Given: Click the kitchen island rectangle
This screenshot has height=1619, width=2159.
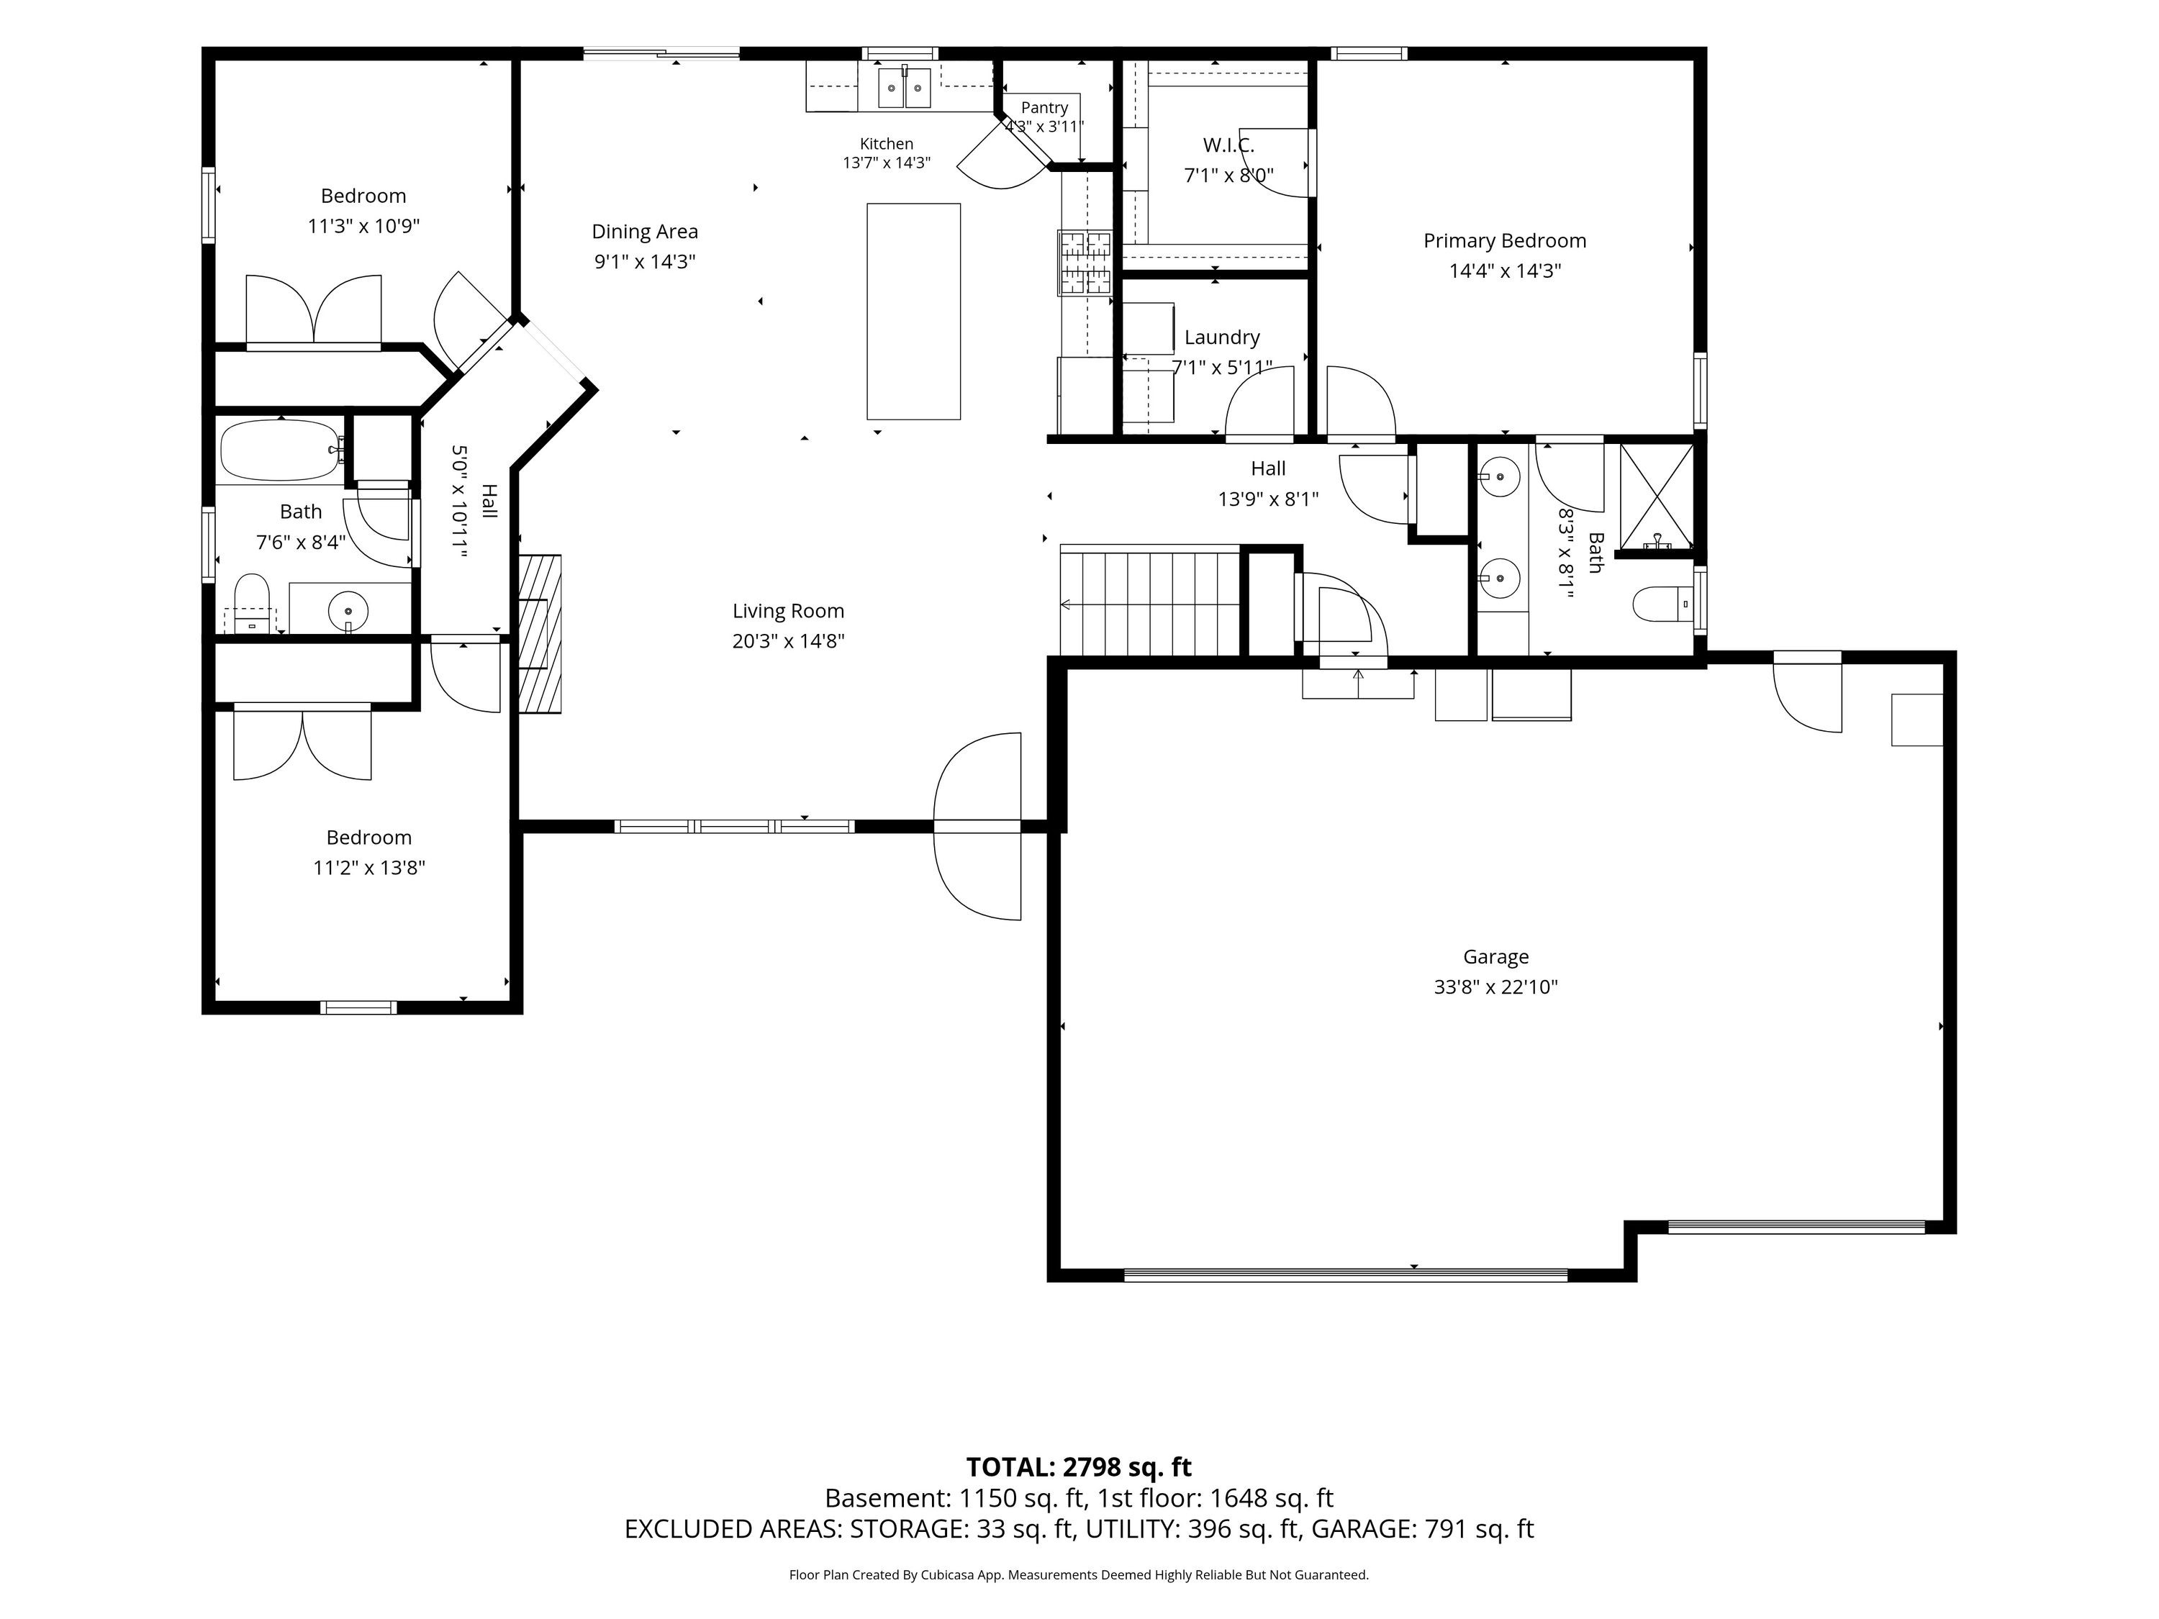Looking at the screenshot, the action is click(x=913, y=312).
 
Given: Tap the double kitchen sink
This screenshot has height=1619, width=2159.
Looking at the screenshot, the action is click(x=905, y=87).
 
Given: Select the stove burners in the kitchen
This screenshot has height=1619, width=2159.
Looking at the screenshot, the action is click(x=1085, y=261).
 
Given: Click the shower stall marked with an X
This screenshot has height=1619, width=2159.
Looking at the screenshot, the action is click(x=1657, y=496).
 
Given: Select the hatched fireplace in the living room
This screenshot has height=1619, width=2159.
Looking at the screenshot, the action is click(x=540, y=635).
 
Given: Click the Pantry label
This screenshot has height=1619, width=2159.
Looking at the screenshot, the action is click(x=1044, y=107).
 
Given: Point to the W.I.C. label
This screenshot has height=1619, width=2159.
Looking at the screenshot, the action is click(x=1228, y=145).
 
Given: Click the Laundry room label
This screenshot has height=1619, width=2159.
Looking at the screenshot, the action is click(x=1222, y=337).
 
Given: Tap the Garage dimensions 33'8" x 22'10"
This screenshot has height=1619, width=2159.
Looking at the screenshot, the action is click(x=1495, y=987).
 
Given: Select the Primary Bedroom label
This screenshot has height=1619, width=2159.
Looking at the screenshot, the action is click(x=1504, y=241).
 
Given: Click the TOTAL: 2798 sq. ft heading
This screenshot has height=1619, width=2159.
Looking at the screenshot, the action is click(x=1079, y=1466).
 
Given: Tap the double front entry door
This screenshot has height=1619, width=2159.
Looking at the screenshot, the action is click(x=978, y=827).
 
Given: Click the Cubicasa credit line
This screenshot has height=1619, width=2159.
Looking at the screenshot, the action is click(x=1079, y=1575).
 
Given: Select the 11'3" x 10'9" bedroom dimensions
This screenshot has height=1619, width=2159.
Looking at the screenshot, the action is click(x=363, y=227).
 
